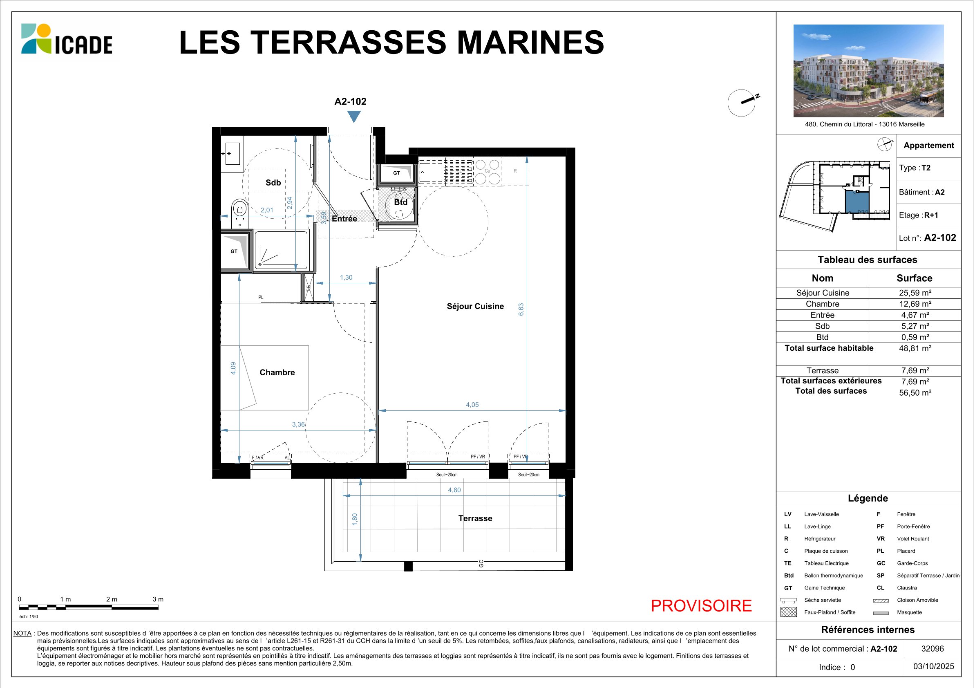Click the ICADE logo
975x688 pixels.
click(67, 39)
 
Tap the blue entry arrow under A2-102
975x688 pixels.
click(354, 116)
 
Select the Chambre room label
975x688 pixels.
click(277, 372)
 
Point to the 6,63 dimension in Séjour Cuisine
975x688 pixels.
click(521, 309)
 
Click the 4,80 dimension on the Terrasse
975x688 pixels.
click(454, 490)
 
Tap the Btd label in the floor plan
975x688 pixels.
click(400, 202)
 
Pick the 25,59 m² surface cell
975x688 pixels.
click(915, 293)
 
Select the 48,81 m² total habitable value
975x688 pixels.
click(915, 348)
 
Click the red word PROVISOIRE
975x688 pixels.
click(701, 605)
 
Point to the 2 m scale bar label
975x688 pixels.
click(112, 599)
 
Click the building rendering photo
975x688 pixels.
click(868, 71)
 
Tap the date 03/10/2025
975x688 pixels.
click(934, 666)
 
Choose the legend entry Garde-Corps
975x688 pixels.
click(912, 563)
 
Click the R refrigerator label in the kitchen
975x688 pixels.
click(515, 171)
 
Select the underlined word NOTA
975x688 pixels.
click(22, 633)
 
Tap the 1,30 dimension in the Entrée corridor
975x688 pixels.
click(346, 277)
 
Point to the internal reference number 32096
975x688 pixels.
click(933, 648)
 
